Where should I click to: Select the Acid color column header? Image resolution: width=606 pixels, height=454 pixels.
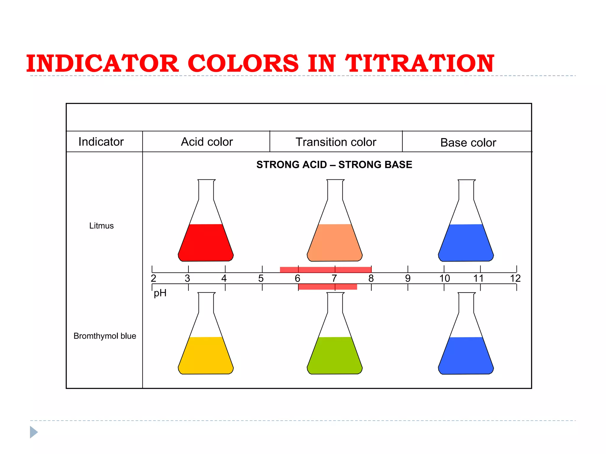point(207,142)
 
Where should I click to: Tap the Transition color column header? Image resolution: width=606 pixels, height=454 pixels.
point(336,142)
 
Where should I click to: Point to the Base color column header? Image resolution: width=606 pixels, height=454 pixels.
point(468,143)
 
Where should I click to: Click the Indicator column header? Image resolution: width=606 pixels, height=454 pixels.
point(101,142)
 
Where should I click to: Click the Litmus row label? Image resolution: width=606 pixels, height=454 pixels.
point(101,226)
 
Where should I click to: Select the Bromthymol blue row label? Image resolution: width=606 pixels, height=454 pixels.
point(105,336)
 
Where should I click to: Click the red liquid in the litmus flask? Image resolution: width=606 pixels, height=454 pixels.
point(206,243)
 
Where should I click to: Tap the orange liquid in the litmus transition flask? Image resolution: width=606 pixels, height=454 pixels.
point(335,243)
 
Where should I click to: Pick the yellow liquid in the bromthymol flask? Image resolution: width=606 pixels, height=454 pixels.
point(206,356)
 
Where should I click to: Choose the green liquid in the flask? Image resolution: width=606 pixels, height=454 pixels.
point(335,356)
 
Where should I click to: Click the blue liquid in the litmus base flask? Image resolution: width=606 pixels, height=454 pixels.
point(466,243)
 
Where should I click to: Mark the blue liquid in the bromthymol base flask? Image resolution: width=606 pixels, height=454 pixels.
point(466,356)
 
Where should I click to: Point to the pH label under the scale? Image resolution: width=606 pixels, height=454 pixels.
point(160,293)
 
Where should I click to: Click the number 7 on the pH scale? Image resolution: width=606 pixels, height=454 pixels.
point(334,278)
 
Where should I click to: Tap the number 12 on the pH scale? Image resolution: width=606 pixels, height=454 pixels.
point(515,278)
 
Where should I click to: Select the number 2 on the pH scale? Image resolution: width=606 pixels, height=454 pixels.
point(153,278)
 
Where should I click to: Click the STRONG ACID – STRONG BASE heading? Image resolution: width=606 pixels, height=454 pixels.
point(334,165)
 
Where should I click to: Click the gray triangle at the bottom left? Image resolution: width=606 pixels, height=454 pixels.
point(33,432)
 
